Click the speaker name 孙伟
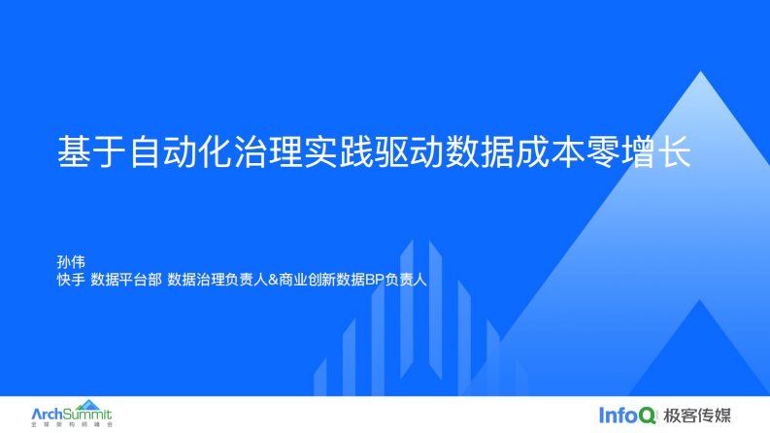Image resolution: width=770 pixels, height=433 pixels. coord(71,262)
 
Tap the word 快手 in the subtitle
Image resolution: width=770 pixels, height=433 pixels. coord(71,280)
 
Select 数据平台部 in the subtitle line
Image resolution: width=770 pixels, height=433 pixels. coord(126,280)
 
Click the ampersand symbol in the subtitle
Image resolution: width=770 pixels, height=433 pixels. coord(273,280)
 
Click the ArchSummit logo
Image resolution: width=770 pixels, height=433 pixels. coord(72,414)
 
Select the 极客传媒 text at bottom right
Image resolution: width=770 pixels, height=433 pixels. coord(697,416)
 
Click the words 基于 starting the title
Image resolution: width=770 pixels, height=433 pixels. coord(92,151)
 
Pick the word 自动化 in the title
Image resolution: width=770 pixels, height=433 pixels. coord(181,151)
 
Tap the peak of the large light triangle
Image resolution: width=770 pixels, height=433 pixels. coord(701,72)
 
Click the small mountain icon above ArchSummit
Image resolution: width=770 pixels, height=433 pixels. coord(88,405)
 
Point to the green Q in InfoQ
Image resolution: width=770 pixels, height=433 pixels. coord(648,416)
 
